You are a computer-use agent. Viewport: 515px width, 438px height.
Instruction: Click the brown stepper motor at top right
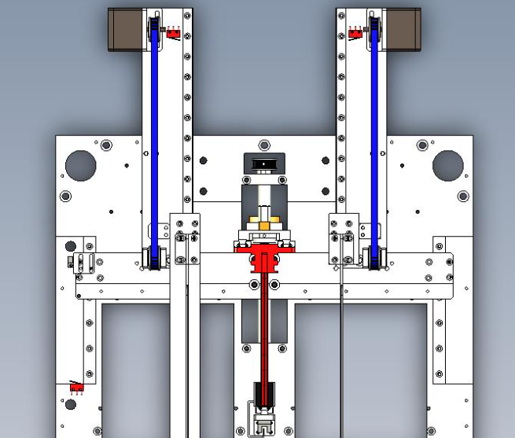401,29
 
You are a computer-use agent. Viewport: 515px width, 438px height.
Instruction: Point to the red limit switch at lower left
76,388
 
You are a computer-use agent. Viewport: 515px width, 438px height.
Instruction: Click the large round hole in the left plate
80,165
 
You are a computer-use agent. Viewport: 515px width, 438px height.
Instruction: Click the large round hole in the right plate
447,165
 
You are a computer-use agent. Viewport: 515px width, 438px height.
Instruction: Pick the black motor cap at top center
263,164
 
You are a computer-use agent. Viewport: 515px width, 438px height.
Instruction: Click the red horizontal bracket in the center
264,247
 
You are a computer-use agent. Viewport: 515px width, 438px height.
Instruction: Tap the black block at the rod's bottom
264,393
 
